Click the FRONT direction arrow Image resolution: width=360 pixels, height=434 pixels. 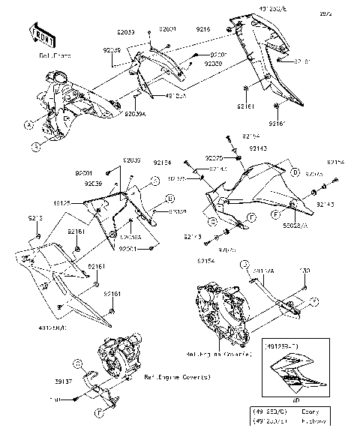(x=43, y=34)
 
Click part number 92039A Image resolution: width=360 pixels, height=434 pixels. (x=136, y=112)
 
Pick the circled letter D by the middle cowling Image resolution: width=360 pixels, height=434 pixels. (x=295, y=172)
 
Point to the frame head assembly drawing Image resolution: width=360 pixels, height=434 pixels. (x=71, y=101)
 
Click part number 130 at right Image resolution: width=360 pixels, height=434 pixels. (x=304, y=271)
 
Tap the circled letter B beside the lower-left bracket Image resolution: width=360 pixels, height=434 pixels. (x=169, y=199)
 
